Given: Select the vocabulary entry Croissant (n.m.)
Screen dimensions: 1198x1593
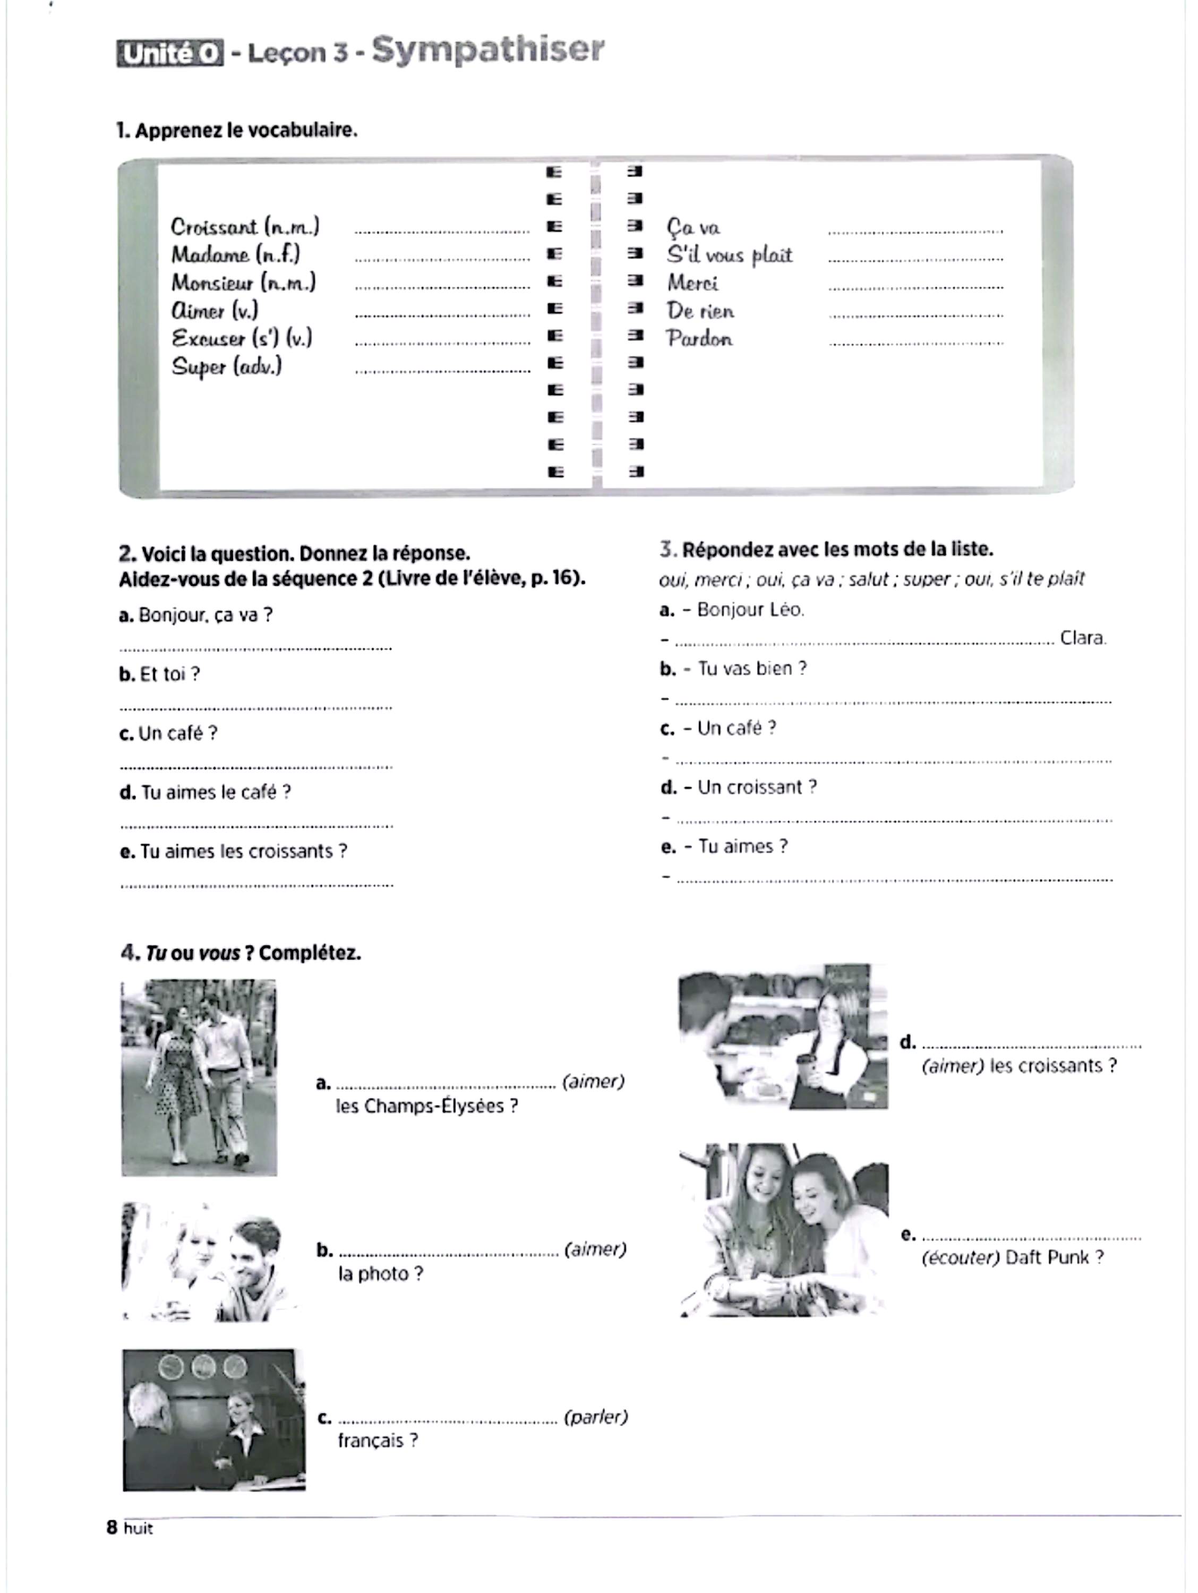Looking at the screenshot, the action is pos(245,227).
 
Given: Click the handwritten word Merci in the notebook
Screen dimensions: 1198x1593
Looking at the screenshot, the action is pos(692,283).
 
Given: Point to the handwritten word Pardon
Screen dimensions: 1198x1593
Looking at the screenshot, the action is pos(699,338).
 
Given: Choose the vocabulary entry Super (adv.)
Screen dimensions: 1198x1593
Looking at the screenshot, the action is pos(226,366).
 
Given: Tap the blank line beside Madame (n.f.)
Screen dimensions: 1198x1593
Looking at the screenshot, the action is pos(442,259).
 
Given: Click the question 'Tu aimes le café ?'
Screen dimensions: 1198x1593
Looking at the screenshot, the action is pos(206,792).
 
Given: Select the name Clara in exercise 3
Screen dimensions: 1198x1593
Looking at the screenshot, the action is pos(1083,638).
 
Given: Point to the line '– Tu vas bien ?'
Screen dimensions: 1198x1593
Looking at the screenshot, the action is pos(733,669).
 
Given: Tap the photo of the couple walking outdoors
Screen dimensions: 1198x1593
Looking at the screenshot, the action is pos(199,1077).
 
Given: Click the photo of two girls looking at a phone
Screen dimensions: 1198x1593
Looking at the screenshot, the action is pos(784,1229).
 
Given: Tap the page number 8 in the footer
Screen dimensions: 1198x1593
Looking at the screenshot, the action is pos(112,1528).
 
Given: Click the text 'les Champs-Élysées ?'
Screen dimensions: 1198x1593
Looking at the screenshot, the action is pos(426,1106).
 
